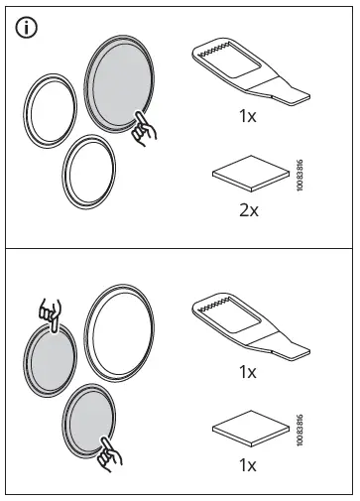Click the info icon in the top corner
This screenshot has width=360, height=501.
(27, 29)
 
